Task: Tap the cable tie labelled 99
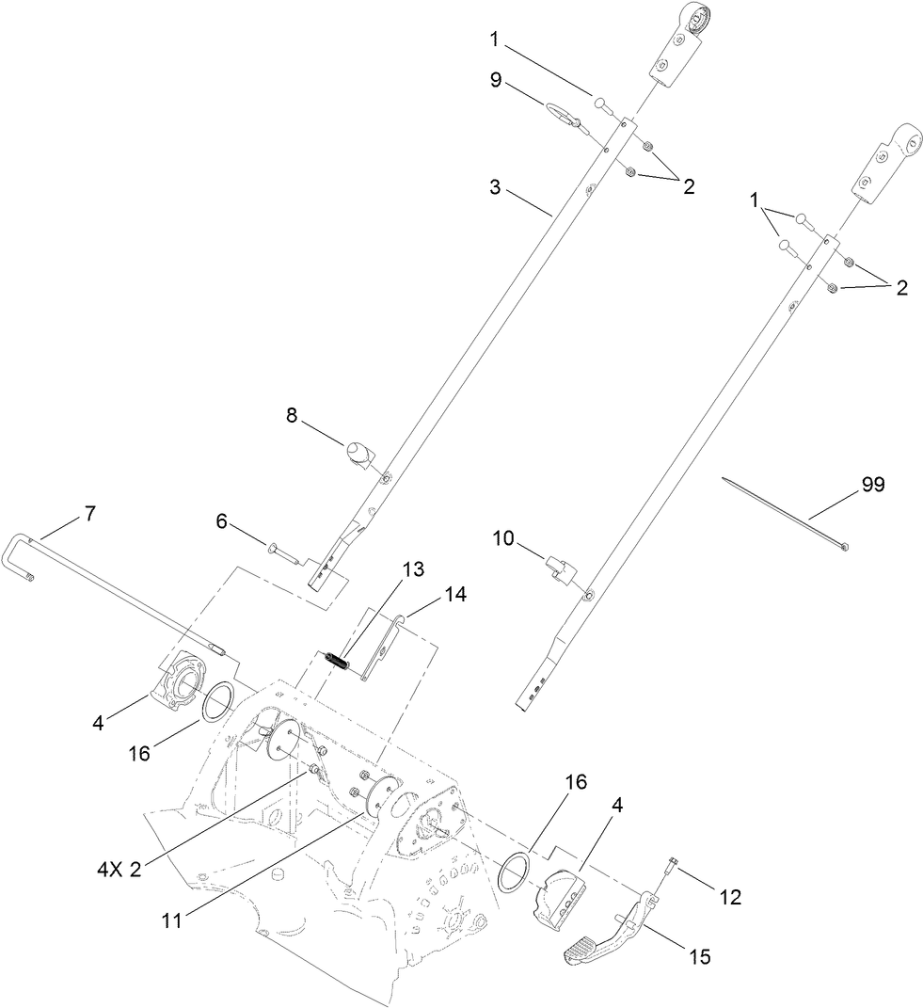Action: coord(786,513)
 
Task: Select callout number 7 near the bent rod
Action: coord(89,515)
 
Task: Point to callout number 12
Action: coord(730,898)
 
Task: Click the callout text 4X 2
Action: coord(119,870)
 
